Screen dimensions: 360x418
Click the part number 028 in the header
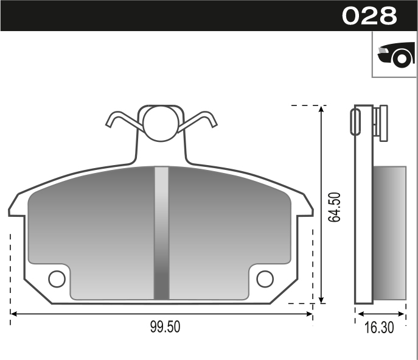pyautogui.click(x=369, y=15)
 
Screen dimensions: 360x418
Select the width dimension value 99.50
pyautogui.click(x=165, y=327)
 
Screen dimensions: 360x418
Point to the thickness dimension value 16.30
pyautogui.click(x=379, y=328)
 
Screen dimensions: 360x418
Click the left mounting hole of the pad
pyautogui.click(x=57, y=278)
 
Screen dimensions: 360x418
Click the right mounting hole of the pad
pyautogui.click(x=265, y=278)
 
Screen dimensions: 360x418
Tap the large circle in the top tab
pyautogui.click(x=161, y=124)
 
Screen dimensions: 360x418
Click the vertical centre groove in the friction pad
pyautogui.click(x=161, y=231)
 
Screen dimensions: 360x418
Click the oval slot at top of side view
pyautogui.click(x=355, y=121)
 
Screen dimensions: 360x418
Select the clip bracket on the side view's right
pyautogui.click(x=380, y=123)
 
